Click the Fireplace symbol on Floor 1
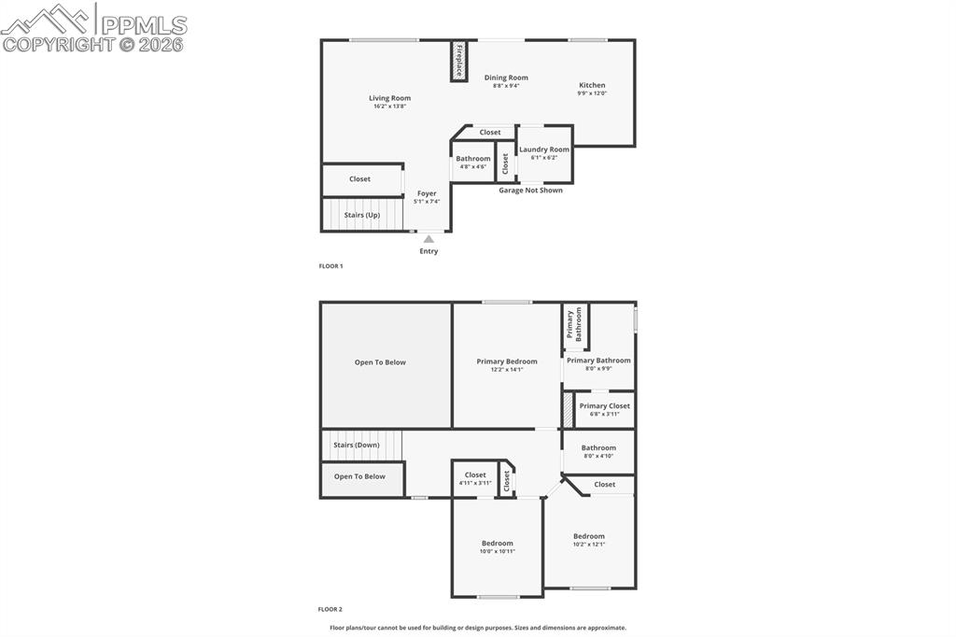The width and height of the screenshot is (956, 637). (x=458, y=61)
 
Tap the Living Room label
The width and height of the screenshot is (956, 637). (x=389, y=98)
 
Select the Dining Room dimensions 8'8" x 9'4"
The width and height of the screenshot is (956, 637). (x=506, y=86)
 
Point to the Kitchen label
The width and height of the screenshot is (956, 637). (x=592, y=85)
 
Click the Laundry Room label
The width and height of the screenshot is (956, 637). (x=544, y=149)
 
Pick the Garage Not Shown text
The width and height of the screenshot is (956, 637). (x=530, y=190)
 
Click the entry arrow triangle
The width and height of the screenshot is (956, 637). (x=429, y=239)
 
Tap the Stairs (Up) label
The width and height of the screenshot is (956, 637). (x=362, y=215)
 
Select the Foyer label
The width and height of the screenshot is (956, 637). (x=427, y=193)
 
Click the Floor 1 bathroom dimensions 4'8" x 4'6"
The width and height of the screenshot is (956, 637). (x=473, y=166)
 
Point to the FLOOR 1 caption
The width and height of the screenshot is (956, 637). (x=331, y=266)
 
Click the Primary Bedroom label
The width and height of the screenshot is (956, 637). (x=507, y=361)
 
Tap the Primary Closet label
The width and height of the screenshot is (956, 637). (x=604, y=405)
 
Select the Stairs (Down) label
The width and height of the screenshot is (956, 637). (x=356, y=445)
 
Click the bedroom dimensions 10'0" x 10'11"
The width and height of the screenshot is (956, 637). (x=498, y=552)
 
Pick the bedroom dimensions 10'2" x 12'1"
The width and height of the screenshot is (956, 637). (x=589, y=545)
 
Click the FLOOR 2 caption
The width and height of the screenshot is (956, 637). (x=330, y=609)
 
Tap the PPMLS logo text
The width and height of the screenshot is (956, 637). (x=144, y=25)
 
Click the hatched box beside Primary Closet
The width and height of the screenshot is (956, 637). (x=568, y=410)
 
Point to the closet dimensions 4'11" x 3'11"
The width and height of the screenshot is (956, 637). (x=475, y=483)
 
